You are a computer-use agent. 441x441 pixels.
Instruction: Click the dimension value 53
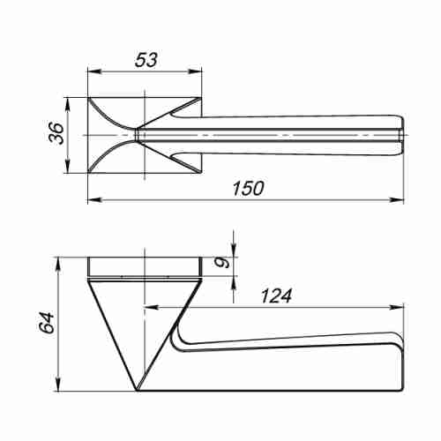[x=146, y=60]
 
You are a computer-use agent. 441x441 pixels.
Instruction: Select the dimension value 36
[x=56, y=133]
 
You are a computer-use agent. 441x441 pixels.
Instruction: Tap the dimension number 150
[x=249, y=189]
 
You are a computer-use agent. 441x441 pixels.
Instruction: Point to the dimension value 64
[x=48, y=323]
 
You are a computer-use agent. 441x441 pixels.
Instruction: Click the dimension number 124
[x=276, y=295]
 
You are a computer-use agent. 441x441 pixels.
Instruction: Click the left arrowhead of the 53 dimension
[x=94, y=71]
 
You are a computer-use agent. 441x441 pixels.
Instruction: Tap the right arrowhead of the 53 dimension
[x=195, y=71]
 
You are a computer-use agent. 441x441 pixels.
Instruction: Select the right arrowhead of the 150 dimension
[x=397, y=200]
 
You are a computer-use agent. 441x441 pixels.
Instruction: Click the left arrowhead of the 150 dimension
[x=94, y=200]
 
